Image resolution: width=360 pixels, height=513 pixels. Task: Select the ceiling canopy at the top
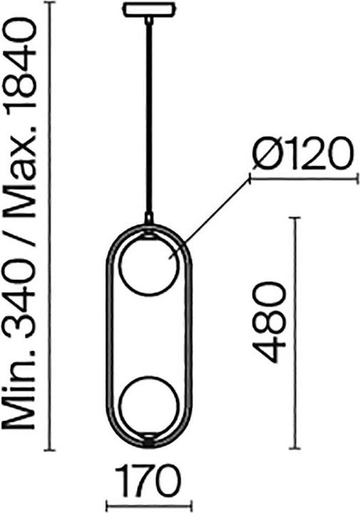[x=149, y=10]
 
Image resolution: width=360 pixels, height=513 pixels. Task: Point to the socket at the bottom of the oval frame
[x=148, y=440]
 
